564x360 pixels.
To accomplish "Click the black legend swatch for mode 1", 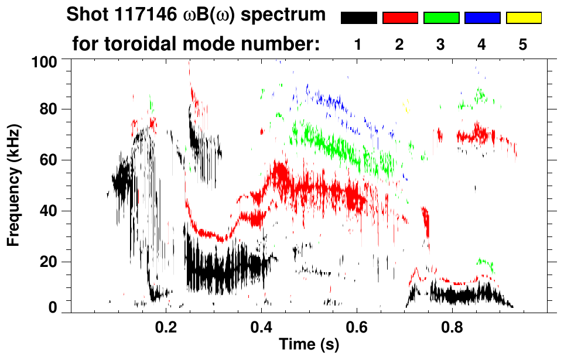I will click(358, 18).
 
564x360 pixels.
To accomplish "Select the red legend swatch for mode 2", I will click(400, 18).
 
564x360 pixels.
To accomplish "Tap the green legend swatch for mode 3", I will click(441, 18).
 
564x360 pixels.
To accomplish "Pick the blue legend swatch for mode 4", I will click(482, 18).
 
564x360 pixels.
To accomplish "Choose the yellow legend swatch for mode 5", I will click(523, 18).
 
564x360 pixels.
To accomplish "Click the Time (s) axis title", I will click(309, 345).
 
